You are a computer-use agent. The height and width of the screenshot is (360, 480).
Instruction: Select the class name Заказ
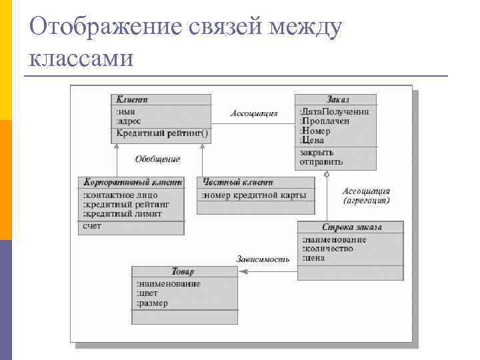337,99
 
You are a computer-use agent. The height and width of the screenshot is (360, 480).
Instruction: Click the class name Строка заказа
353,227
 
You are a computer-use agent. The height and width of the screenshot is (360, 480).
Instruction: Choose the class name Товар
183,271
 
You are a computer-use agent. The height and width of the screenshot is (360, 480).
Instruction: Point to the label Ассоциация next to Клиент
254,113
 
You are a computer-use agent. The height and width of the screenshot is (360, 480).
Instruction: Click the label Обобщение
157,159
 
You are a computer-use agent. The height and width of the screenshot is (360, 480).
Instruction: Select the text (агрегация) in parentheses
367,200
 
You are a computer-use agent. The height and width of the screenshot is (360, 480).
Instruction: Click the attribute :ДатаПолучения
334,111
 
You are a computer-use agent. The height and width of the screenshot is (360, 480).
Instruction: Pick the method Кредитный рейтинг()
162,133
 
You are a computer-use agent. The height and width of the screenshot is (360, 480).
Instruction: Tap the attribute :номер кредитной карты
253,195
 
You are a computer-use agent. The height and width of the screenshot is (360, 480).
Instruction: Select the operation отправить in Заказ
321,161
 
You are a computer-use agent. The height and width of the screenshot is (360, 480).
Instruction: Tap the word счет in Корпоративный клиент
92,227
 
